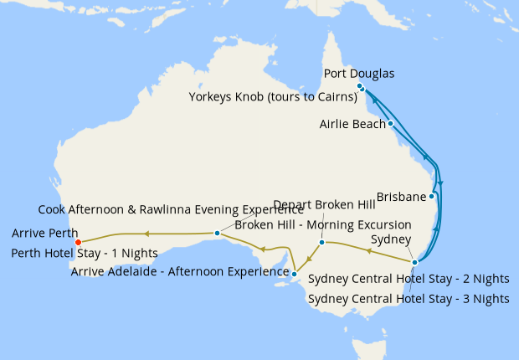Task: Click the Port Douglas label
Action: pos(359,74)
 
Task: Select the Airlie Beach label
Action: pos(352,124)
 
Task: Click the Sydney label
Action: pos(390,239)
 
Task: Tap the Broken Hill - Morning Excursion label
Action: pos(323,224)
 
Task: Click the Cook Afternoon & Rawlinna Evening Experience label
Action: pos(171,209)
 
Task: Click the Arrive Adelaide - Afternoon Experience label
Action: pos(180,270)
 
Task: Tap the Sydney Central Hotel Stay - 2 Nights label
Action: pos(408,279)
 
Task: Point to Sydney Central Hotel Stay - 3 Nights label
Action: pos(408,298)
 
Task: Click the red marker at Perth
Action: pos(78,243)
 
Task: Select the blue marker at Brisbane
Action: pos(431,197)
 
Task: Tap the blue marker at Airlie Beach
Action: pos(391,124)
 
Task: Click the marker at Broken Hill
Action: pos(321,243)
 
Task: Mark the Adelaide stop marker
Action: pos(295,272)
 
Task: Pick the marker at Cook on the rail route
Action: pos(217,233)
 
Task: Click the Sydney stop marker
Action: pos(414,262)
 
